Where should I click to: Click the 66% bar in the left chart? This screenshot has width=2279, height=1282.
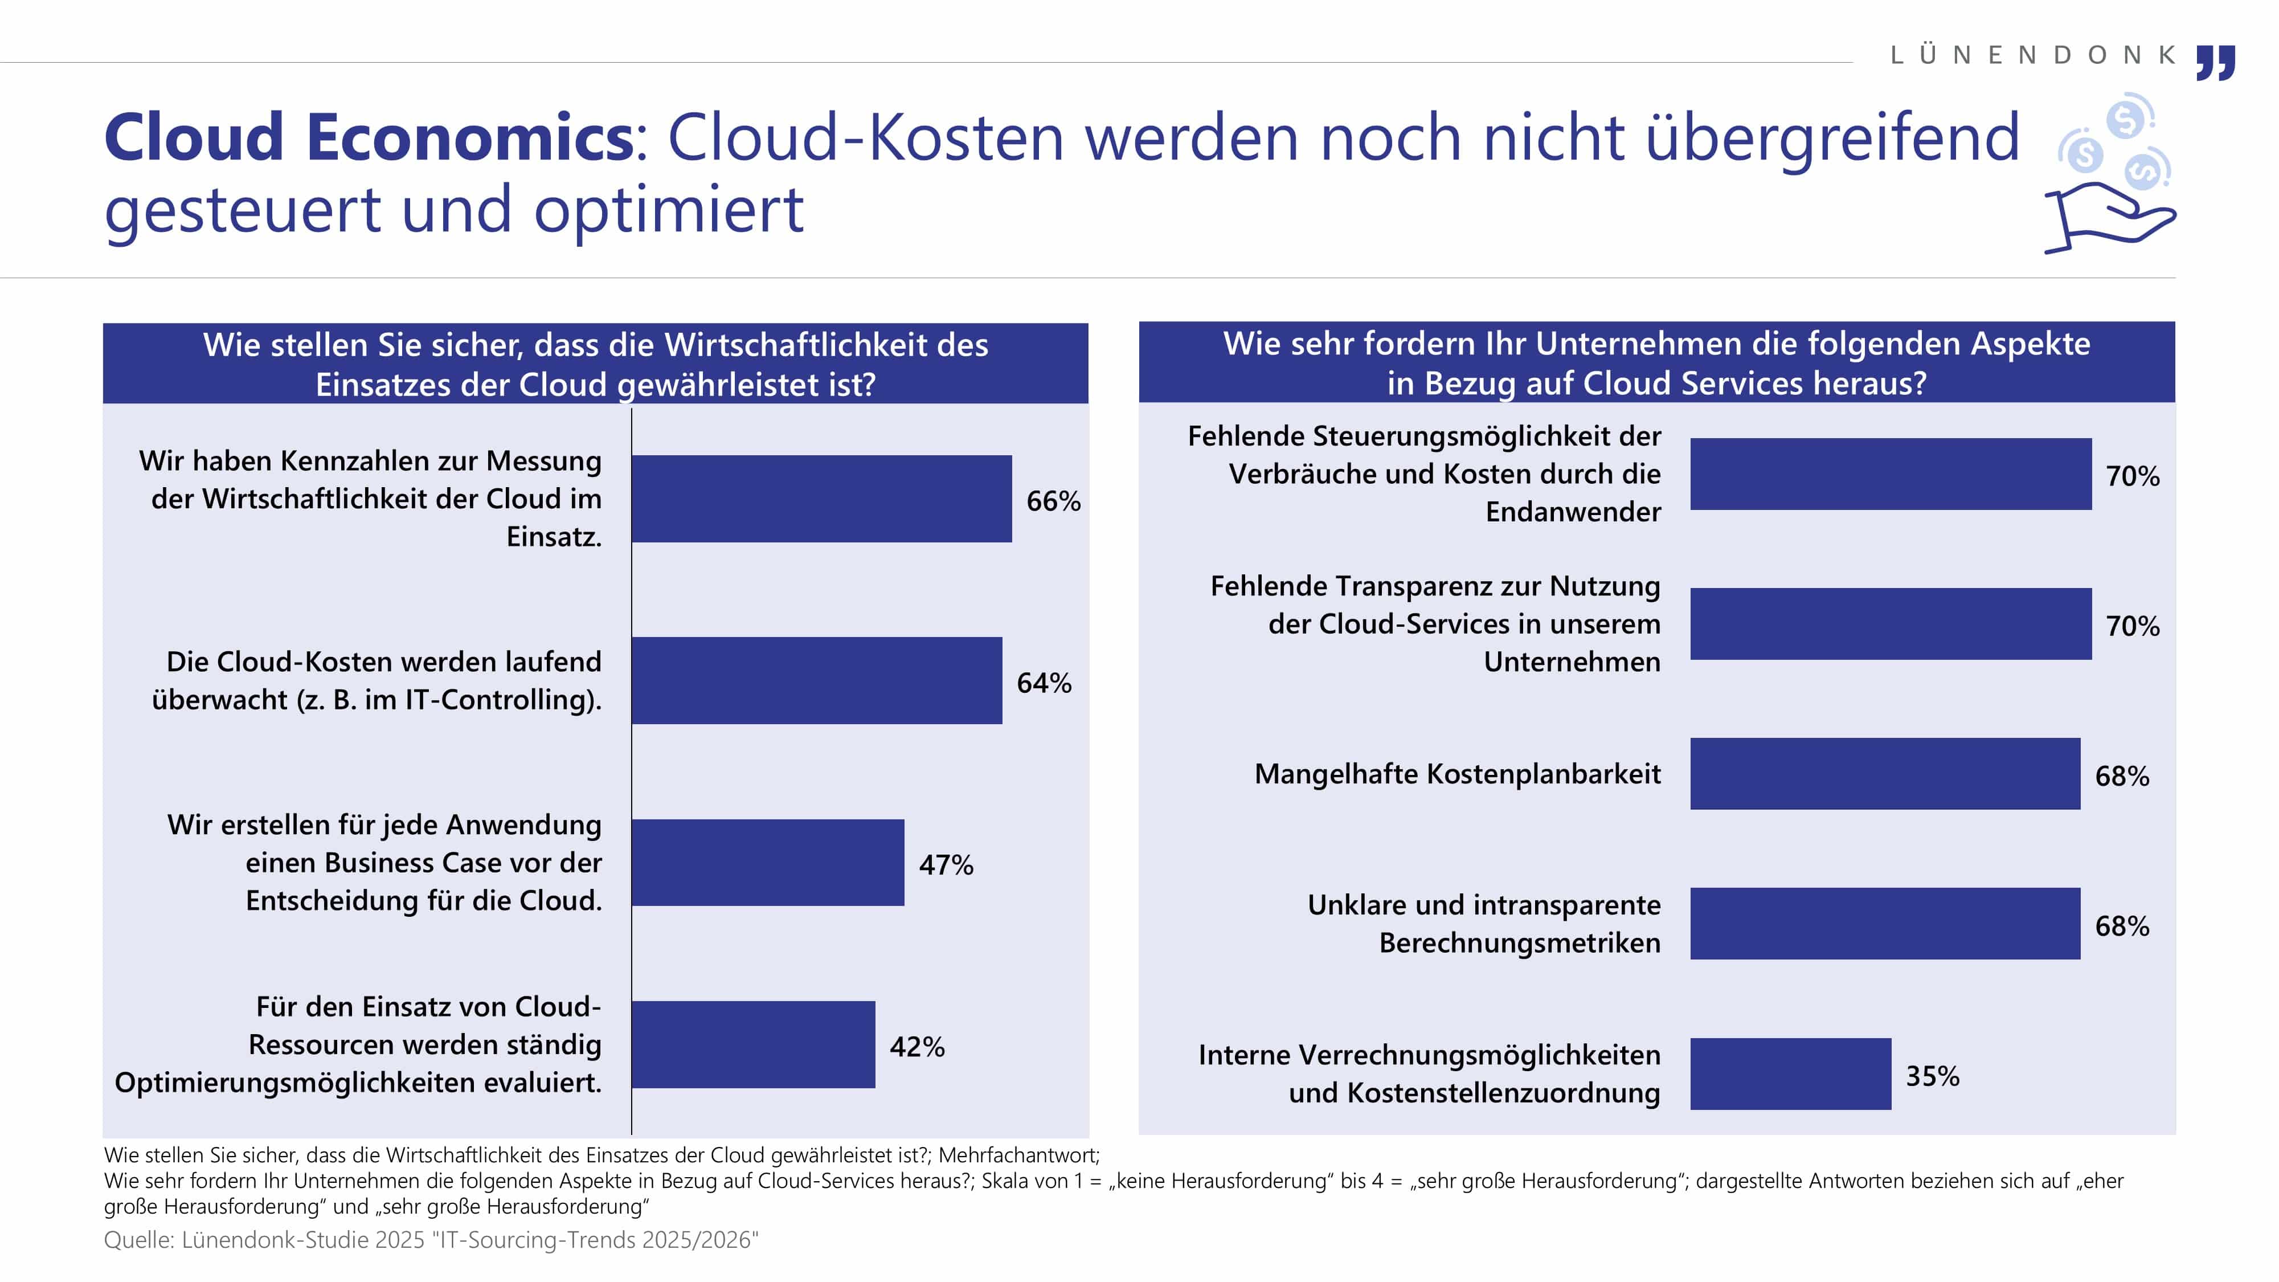(x=821, y=499)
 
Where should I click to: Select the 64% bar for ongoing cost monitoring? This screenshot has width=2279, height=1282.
(x=817, y=680)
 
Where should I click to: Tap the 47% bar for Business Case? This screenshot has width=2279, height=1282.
(x=768, y=863)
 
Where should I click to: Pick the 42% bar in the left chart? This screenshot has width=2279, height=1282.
(x=753, y=1045)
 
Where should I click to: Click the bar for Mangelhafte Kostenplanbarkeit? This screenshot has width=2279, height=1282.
(x=1884, y=774)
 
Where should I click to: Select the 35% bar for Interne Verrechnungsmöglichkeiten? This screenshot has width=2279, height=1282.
(x=1790, y=1074)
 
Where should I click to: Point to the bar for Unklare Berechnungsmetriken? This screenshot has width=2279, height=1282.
(x=1884, y=924)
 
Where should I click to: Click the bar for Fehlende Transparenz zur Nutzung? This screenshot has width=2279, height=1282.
(x=1890, y=624)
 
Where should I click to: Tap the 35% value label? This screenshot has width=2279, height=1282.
(x=1932, y=1077)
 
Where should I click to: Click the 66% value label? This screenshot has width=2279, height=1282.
(x=1053, y=501)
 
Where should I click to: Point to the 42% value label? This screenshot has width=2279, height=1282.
(x=916, y=1048)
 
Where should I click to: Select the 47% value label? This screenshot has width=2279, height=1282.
(x=946, y=865)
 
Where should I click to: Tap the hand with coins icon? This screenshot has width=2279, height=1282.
(x=2110, y=177)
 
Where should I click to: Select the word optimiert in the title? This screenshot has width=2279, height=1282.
(x=668, y=211)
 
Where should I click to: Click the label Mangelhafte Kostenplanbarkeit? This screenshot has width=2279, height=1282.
(x=1457, y=774)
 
